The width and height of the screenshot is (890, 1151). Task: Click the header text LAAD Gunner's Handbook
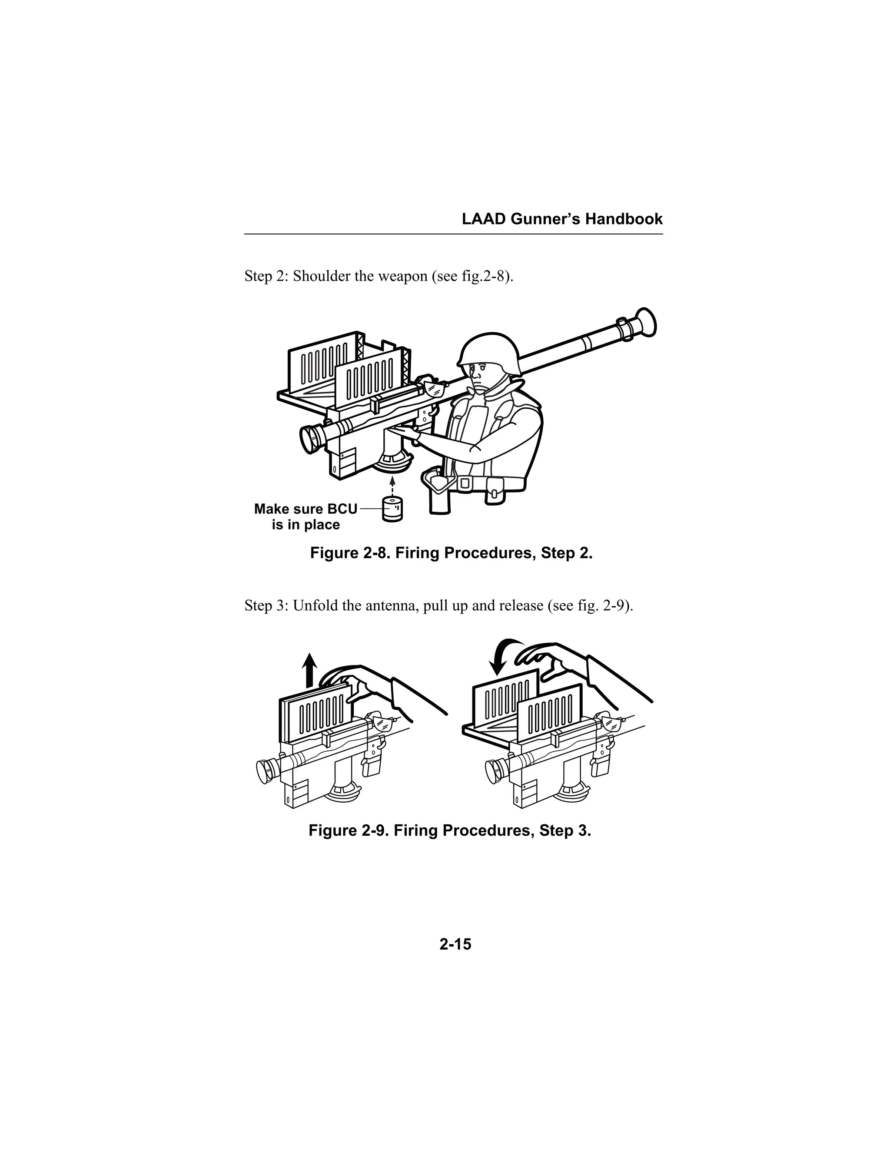point(562,219)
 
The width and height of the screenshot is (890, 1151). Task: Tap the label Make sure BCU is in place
point(306,516)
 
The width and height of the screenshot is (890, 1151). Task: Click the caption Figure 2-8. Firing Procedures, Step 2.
point(452,553)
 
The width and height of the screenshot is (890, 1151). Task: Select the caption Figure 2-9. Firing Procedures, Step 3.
point(450,830)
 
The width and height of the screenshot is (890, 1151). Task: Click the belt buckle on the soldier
point(465,482)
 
